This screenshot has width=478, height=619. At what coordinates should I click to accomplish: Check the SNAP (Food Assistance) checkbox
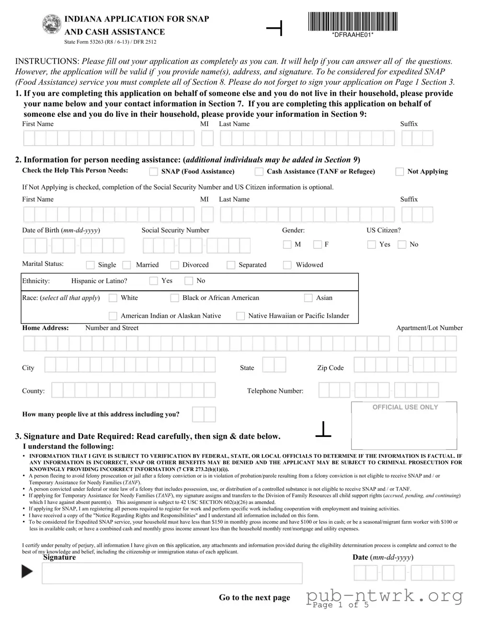point(154,172)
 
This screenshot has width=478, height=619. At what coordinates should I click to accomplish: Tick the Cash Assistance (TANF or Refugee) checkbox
point(259,172)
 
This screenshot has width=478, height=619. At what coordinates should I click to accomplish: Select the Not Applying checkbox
point(399,172)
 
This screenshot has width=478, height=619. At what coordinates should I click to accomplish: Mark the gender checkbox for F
point(318,245)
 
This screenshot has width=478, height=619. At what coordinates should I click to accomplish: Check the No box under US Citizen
point(402,245)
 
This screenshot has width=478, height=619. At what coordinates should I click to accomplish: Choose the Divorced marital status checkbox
point(175,265)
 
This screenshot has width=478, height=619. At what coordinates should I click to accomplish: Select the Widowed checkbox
point(287,265)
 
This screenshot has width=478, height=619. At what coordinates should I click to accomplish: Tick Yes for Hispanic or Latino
point(154,281)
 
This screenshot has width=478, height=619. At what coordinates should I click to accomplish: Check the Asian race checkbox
point(308,298)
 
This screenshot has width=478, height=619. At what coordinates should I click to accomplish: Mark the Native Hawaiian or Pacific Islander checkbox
point(240,316)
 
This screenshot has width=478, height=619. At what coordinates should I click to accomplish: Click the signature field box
point(172,573)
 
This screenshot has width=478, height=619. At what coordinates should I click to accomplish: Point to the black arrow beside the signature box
point(27,572)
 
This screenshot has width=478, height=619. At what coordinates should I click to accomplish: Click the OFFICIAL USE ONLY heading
point(405,407)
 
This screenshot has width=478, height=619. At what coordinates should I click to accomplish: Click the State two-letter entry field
point(274,365)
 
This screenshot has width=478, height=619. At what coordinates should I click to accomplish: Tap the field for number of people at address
point(204,414)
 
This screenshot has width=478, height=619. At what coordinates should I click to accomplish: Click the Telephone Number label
point(275,391)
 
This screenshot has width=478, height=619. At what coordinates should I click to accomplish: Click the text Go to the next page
point(254,597)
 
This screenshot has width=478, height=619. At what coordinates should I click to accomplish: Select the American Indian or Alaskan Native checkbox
point(113,316)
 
